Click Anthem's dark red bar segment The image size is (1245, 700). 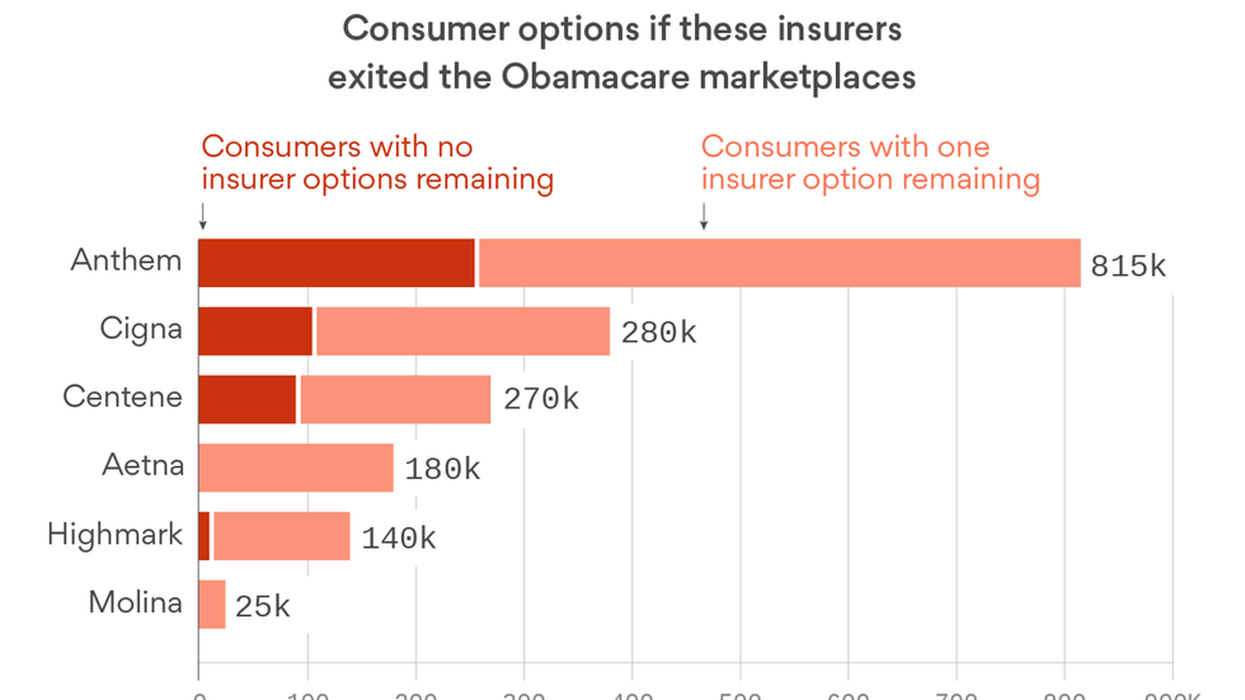pos(337,262)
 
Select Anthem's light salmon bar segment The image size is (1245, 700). pos(779,262)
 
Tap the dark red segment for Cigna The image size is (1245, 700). pos(255,331)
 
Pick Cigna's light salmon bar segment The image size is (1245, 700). pos(463,331)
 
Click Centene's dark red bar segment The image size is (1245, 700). pos(247,399)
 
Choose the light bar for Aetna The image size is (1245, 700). pos(296,467)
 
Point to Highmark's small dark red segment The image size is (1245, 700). pos(204,536)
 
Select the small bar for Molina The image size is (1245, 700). pos(212,604)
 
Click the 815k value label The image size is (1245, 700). pos(1128,266)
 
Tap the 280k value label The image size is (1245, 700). pos(658,333)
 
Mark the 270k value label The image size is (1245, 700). pos(541,399)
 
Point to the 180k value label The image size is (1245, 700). pos(442,469)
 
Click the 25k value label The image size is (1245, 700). pos(262,607)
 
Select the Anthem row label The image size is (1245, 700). pos(126,261)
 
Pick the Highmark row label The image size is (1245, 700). pos(115,535)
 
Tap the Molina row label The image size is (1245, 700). pos(136,603)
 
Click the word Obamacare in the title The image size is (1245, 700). pos(595,77)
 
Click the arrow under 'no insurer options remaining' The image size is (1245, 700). pos(203,216)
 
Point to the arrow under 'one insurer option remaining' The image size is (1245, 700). pos(704,216)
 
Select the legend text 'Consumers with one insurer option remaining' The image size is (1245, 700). pos(870,163)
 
